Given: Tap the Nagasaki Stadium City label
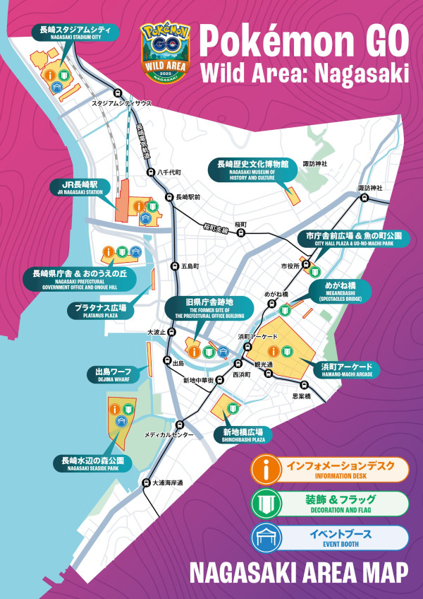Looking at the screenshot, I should [x=75, y=32].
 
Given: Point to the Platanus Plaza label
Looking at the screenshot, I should [x=101, y=309].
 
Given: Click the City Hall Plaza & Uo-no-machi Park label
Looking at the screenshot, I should [x=350, y=239].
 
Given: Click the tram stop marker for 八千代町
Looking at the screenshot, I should [x=149, y=172].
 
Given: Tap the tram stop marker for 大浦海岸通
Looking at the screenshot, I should [x=146, y=484].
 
